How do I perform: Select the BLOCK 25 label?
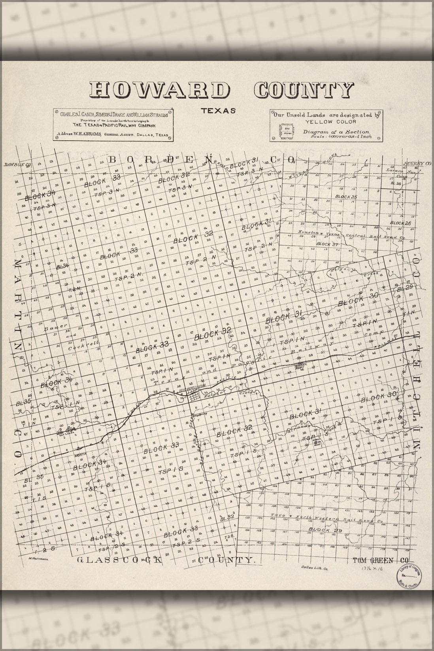click(346, 197)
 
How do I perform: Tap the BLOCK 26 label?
click(400, 223)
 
